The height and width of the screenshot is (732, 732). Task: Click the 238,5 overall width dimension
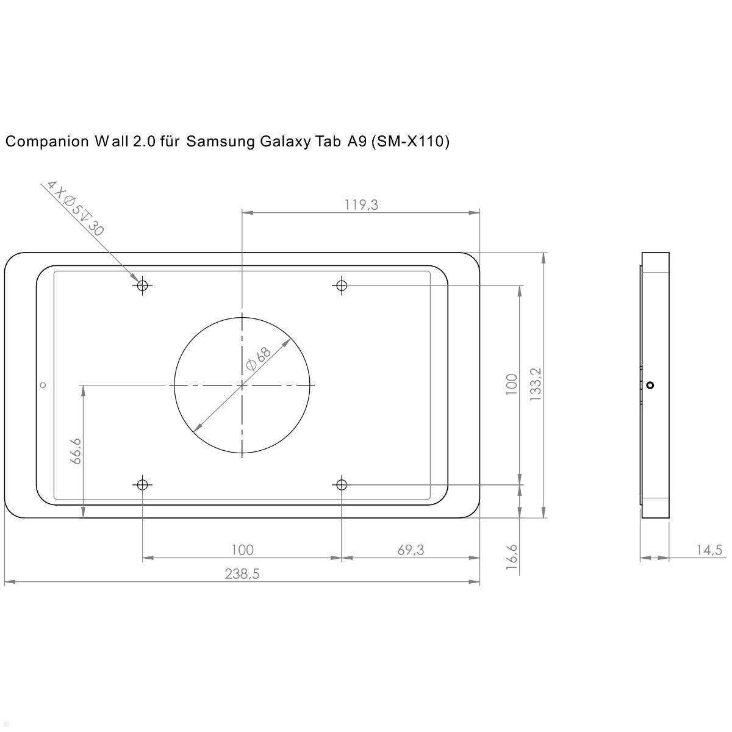(x=242, y=574)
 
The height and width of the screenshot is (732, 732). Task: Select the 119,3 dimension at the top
(x=361, y=205)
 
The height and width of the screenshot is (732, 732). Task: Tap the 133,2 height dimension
(x=536, y=384)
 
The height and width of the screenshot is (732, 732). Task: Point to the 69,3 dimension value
(x=411, y=550)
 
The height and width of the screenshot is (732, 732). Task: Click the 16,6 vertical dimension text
(x=512, y=557)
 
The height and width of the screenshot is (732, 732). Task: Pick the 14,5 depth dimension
(x=709, y=550)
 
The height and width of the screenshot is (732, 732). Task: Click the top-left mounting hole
(x=143, y=285)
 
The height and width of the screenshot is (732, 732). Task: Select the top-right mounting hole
(x=342, y=285)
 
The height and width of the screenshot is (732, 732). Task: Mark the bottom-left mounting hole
(x=143, y=484)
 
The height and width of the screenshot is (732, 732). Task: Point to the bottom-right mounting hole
(x=342, y=484)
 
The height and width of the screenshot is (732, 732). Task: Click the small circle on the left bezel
(x=43, y=385)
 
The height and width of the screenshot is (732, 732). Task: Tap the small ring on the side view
(x=650, y=385)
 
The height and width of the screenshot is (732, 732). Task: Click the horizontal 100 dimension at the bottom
(x=242, y=550)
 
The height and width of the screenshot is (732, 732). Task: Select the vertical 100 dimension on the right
(x=512, y=384)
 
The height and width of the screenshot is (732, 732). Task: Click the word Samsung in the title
(x=221, y=142)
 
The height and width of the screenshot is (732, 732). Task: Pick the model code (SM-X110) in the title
(x=410, y=142)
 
